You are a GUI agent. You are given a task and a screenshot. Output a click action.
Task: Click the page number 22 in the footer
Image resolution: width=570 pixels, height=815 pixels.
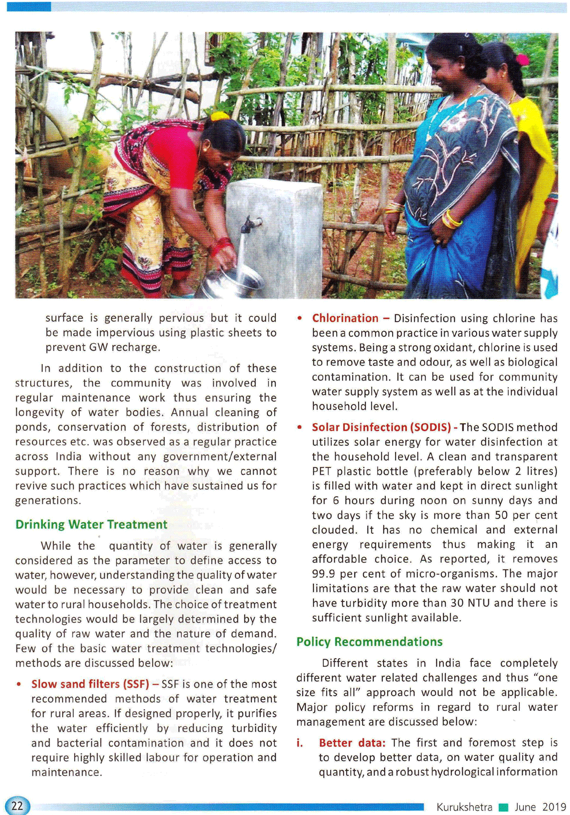17,805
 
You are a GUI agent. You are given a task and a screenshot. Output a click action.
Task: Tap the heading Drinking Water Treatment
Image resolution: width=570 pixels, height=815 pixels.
91,524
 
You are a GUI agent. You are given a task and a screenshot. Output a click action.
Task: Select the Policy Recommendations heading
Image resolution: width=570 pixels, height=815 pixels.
369,641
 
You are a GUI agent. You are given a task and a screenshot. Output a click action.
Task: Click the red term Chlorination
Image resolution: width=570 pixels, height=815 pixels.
345,318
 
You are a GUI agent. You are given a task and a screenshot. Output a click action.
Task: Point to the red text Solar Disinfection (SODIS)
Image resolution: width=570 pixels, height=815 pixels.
381,427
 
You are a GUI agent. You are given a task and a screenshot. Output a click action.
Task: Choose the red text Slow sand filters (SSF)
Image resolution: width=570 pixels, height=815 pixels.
90,683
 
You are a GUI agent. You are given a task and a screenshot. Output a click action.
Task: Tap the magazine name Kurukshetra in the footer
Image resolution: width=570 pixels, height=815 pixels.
464,806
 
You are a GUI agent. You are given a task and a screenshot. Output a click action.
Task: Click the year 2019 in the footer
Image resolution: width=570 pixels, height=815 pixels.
554,806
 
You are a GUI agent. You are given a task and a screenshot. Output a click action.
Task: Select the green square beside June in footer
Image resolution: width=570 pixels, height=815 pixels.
503,807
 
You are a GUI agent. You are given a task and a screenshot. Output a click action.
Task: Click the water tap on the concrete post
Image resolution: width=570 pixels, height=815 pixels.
250,224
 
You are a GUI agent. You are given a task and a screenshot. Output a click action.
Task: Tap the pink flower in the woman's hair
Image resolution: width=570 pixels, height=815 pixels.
522,59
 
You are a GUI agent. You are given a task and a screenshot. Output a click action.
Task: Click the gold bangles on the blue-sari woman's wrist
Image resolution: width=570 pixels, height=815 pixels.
451,219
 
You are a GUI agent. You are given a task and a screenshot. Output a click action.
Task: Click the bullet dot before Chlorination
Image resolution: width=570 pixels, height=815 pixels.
300,318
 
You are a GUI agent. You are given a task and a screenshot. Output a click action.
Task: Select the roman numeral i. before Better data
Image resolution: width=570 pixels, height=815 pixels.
300,743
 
